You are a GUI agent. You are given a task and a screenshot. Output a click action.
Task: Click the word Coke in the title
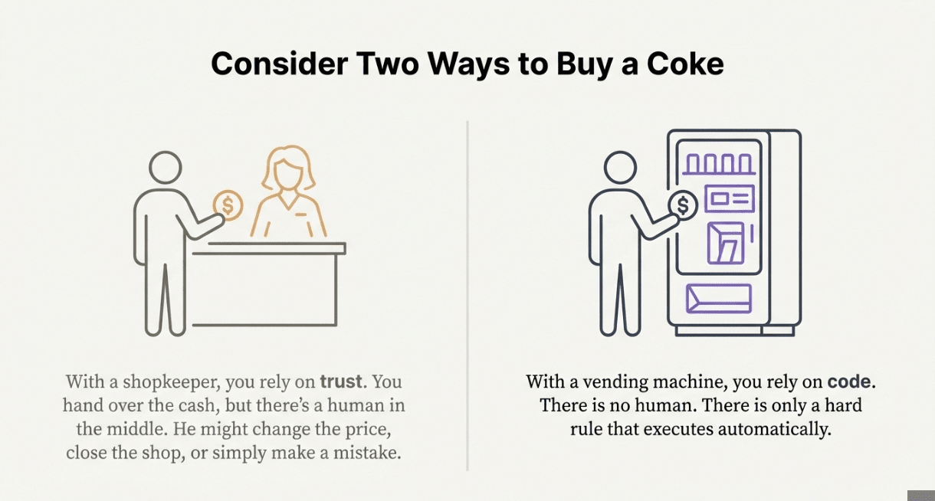pos(685,64)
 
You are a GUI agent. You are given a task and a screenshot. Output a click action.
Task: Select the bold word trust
pos(341,381)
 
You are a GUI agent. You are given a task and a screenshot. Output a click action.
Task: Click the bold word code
pos(849,381)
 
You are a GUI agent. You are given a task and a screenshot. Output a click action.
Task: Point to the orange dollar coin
pos(228,205)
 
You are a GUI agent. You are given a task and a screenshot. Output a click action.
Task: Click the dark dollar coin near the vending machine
pos(683,205)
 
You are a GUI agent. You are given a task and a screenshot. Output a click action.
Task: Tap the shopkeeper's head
pos(287,167)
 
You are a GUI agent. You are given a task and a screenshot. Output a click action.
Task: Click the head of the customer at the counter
pos(166,167)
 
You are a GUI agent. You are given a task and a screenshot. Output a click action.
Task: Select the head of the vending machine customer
pos(620,167)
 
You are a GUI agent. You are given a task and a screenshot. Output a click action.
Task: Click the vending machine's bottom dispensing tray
pos(719,299)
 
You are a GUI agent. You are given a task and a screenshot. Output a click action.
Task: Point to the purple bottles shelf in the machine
pos(719,164)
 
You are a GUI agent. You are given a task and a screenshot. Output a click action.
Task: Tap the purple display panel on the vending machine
pos(730,198)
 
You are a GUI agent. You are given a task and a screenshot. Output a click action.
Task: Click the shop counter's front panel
pos(264,290)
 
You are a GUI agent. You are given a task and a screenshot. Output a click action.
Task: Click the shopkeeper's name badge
pos(300,214)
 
